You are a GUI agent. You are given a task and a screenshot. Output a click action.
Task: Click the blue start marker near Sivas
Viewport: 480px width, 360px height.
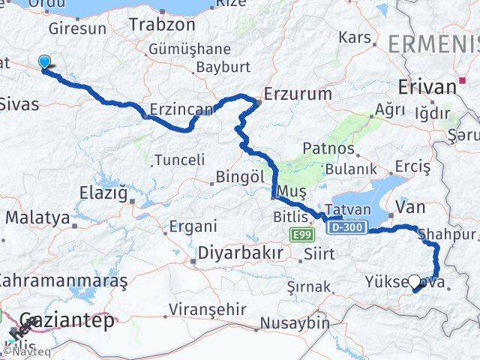(45, 64)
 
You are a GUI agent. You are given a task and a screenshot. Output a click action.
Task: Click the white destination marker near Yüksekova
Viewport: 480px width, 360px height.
(414, 280)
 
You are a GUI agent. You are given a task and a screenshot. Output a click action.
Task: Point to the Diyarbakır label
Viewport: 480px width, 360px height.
(240, 253)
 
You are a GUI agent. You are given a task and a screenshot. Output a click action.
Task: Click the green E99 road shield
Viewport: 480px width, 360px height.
(301, 235)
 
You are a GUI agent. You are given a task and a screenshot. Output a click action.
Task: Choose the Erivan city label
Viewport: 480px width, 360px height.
(428, 86)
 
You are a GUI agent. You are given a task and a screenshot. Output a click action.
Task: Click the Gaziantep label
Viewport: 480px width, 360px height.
(67, 321)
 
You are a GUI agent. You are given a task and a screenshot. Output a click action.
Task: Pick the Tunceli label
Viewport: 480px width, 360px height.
(179, 159)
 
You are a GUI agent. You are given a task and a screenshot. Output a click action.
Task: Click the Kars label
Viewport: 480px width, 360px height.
(355, 37)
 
